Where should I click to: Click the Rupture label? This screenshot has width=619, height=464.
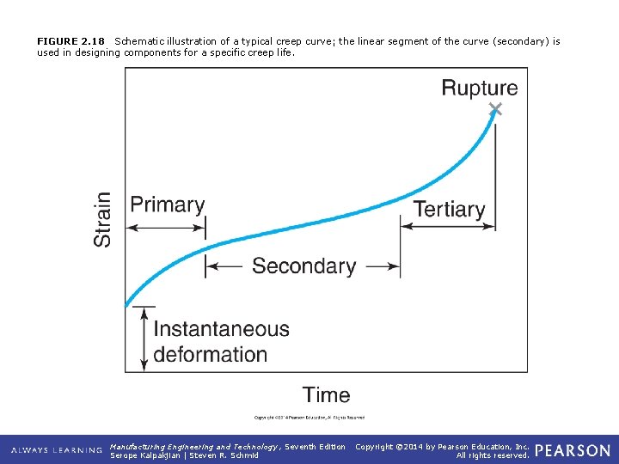(x=479, y=88)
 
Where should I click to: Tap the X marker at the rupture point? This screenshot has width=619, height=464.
(x=495, y=108)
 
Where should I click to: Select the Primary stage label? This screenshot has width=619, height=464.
(x=168, y=205)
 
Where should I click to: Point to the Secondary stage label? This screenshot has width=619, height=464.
(x=303, y=266)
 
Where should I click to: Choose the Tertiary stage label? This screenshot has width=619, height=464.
(x=449, y=209)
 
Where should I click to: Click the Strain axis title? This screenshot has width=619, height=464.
(x=103, y=219)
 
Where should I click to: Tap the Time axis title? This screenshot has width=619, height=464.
(x=326, y=395)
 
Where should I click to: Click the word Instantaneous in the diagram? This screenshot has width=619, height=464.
(x=221, y=329)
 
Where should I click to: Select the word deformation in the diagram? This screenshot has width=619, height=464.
(x=210, y=354)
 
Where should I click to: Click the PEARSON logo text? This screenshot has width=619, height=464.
(x=573, y=451)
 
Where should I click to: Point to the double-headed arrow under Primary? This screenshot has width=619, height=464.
(x=166, y=228)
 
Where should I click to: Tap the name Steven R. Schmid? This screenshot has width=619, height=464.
(x=224, y=455)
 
